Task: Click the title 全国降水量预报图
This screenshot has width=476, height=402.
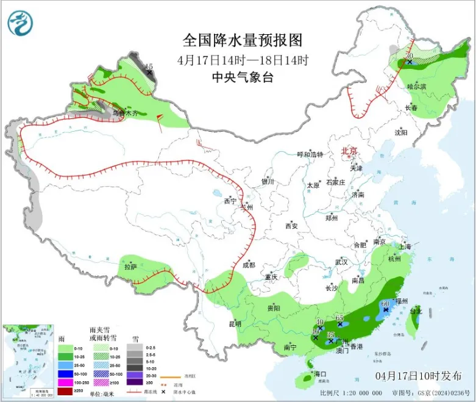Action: click(x=243, y=40)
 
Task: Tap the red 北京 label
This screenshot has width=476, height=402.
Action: click(x=349, y=151)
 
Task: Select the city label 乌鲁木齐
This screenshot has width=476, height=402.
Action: click(x=125, y=113)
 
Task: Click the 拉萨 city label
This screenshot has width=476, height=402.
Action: click(x=130, y=267)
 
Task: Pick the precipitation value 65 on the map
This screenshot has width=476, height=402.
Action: click(x=339, y=318)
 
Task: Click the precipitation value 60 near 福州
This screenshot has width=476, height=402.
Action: click(x=385, y=303)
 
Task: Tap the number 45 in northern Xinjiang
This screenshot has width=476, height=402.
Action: click(x=149, y=66)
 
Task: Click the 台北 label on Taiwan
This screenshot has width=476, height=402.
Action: click(x=415, y=311)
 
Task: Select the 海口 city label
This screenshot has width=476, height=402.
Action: click(x=319, y=374)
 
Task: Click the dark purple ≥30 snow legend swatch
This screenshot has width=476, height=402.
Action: click(x=135, y=382)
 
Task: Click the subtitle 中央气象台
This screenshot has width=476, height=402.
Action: click(x=243, y=77)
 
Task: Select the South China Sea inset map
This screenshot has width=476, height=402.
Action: click(x=24, y=359)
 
